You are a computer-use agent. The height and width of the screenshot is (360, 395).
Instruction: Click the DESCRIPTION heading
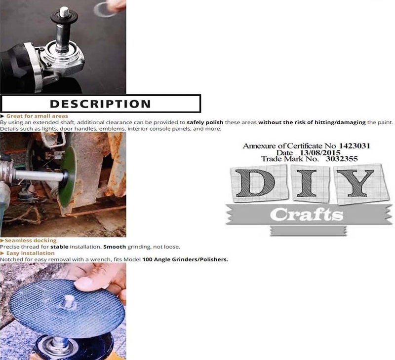pyautogui.click(x=100, y=104)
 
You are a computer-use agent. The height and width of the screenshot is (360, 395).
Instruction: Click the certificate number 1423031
pyautogui.click(x=354, y=146)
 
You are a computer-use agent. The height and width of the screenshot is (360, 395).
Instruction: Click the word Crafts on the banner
pyautogui.click(x=306, y=215)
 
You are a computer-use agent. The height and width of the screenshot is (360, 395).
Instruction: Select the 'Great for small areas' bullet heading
pyautogui.click(x=31, y=116)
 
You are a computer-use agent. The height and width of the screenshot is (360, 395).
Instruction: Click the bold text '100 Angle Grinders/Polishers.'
pyautogui.click(x=185, y=259)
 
